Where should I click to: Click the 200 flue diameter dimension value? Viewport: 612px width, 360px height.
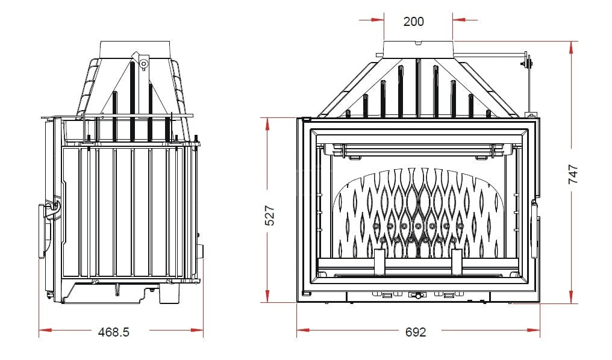pyautogui.click(x=413, y=22)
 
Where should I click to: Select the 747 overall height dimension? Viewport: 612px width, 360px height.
pyautogui.click(x=573, y=174)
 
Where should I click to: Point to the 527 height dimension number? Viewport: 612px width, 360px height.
pyautogui.click(x=270, y=215)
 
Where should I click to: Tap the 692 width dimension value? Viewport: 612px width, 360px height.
pyautogui.click(x=415, y=332)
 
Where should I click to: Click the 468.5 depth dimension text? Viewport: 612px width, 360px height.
pyautogui.click(x=114, y=332)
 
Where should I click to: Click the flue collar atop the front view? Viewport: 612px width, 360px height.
pyautogui.click(x=417, y=48)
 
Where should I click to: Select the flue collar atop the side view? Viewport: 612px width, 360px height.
pyautogui.click(x=135, y=48)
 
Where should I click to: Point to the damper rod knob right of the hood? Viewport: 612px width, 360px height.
pyautogui.click(x=529, y=61)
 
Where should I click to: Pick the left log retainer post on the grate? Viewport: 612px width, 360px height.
pyautogui.click(x=380, y=261)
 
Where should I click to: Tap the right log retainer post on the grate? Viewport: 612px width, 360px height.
pyautogui.click(x=456, y=261)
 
